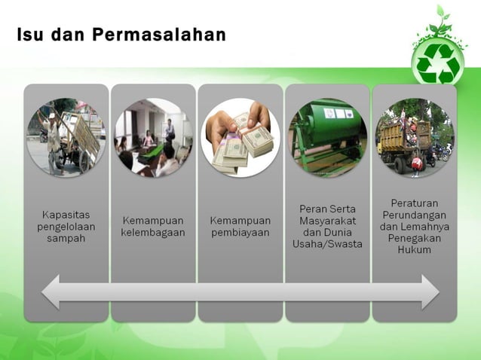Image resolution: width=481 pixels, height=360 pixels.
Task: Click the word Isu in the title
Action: [29, 35]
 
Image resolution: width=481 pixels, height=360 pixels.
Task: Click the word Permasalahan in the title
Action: [160, 35]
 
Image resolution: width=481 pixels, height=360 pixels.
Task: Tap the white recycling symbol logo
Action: [438, 63]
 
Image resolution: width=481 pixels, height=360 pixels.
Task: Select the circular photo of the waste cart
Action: [66, 137]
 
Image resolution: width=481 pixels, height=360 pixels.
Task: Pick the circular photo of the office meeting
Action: [153, 138]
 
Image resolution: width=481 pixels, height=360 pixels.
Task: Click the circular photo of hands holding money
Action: [240, 138]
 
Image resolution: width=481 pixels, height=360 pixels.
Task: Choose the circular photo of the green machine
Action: [327, 138]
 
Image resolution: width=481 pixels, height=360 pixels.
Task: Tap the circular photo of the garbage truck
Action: [414, 138]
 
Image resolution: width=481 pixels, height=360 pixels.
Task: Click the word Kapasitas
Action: [66, 215]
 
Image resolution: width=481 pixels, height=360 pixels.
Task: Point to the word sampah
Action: [66, 239]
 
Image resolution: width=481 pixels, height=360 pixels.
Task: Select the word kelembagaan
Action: [153, 233]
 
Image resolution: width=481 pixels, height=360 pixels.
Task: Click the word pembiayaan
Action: [240, 233]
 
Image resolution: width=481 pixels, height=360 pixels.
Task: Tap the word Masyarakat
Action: [327, 221]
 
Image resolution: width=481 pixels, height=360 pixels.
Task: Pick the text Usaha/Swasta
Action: [327, 244]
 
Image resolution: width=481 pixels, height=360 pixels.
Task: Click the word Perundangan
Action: [414, 215]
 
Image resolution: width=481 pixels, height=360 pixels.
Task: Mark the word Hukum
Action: [414, 249]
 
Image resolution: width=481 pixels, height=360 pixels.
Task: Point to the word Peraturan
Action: [414, 203]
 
